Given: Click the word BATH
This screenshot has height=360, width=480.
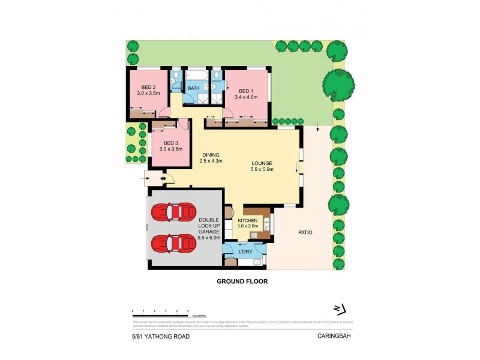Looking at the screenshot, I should tap(194, 89).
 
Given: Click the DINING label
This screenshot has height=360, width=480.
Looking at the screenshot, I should tap(211, 155).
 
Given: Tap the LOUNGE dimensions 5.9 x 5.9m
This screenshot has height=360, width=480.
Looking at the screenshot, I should tap(262, 169).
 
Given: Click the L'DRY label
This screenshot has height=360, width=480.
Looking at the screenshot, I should tap(245, 251).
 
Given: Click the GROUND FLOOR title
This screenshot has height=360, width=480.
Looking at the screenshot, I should tap(242, 281).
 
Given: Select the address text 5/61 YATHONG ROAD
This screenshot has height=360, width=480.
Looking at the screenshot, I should tap(161, 337).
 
